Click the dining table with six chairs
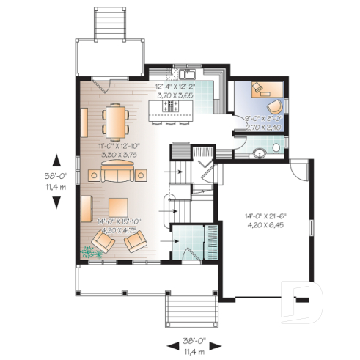pos(115,120)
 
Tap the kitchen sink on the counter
pos(186,74)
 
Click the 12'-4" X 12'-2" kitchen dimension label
pos(175,87)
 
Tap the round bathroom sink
pos(258,155)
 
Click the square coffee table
pos(116,207)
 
